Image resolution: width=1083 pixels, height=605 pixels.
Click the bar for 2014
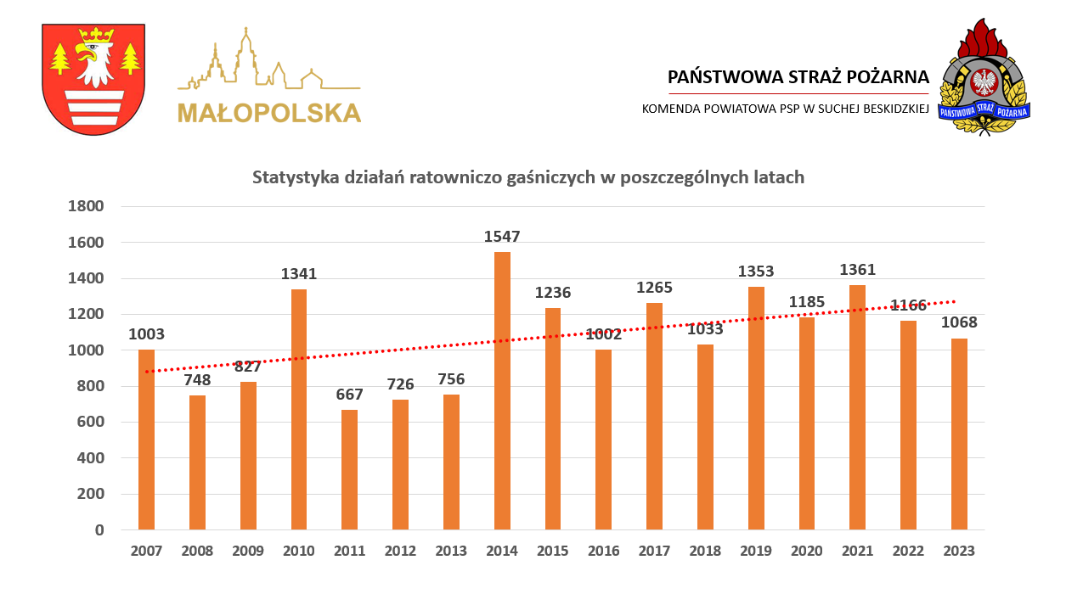pos(502,390)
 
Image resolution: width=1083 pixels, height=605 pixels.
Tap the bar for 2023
pos(959,434)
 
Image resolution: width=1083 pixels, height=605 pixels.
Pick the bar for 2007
pos(146,440)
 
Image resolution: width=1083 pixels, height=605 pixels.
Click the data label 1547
pos(502,237)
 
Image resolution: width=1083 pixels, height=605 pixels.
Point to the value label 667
pos(349,395)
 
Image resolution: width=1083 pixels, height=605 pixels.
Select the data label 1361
pos(857,270)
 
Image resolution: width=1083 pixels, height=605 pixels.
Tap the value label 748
pos(197,380)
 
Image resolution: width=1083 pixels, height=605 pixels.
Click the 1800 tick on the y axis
pos(86,206)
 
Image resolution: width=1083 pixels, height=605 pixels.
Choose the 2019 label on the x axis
pos(755,551)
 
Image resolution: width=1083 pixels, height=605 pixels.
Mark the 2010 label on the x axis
pos(298,551)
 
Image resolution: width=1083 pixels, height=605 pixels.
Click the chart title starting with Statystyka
pos(527,177)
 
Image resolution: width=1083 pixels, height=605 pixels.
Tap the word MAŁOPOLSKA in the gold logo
pos(269,113)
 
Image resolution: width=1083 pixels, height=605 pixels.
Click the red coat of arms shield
pos(93,79)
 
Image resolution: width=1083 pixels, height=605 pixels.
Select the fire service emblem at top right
pos(984,77)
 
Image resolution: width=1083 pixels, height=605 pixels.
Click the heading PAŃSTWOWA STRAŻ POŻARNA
pos(798,76)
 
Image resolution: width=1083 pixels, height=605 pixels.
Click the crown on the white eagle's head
pos(95,35)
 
